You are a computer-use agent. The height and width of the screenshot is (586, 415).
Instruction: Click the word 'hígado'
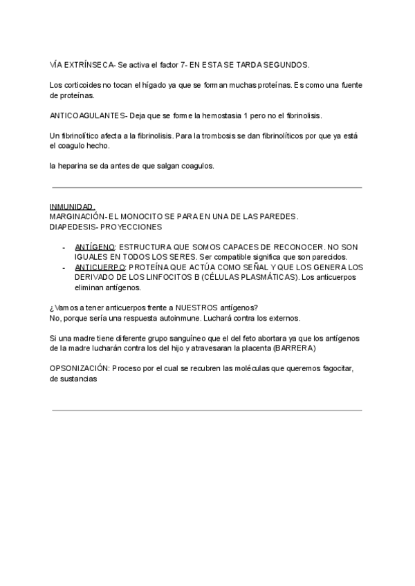(163, 85)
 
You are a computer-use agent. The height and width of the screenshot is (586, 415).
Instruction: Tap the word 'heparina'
(76, 166)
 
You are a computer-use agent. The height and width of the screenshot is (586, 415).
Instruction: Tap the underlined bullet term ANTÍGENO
(95, 246)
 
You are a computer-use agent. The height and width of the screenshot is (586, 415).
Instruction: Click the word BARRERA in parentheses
(295, 348)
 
